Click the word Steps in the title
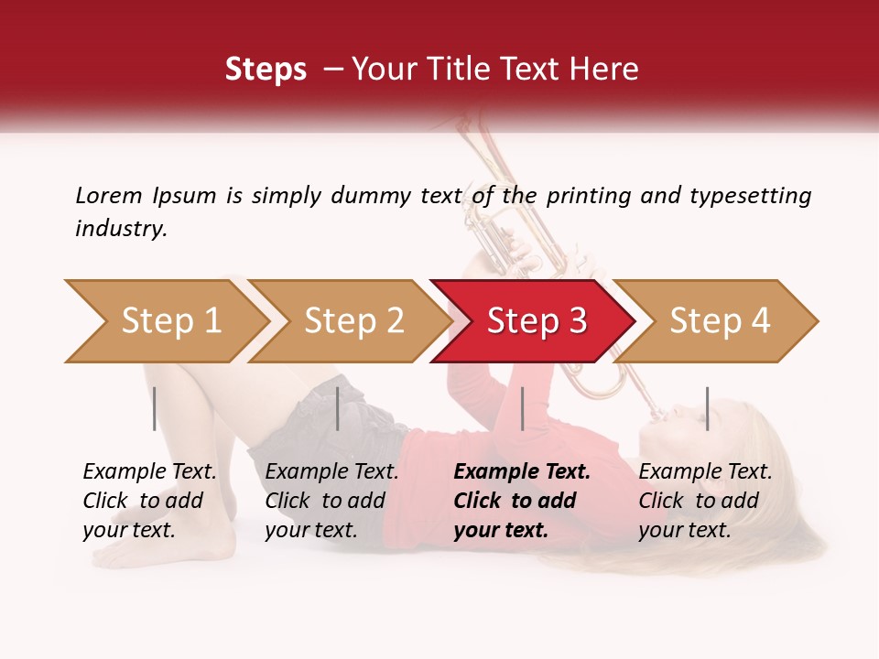[266, 69]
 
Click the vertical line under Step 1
[155, 408]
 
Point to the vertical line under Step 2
[338, 408]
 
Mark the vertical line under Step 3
[522, 408]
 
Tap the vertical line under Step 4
[707, 408]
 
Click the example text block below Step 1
[149, 501]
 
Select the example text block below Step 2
[331, 501]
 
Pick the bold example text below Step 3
[522, 501]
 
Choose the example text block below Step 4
[705, 501]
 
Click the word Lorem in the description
[109, 195]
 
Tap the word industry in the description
[121, 229]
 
